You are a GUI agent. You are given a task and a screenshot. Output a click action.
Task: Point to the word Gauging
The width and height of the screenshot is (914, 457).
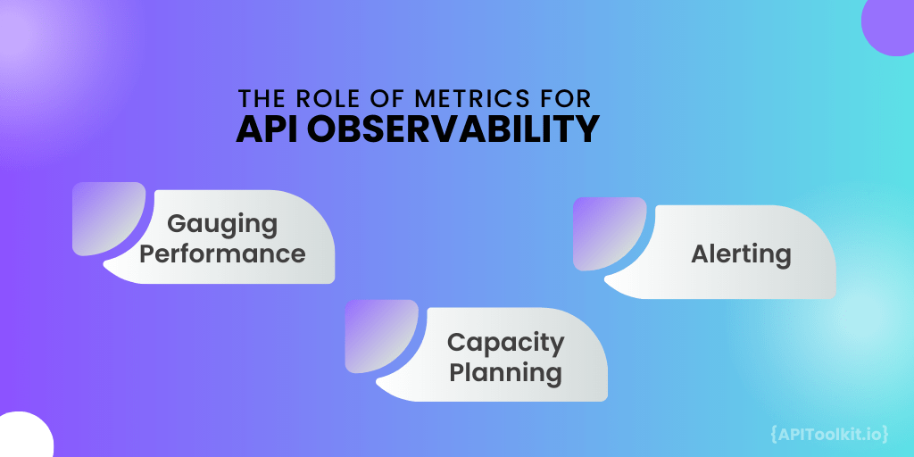(x=222, y=223)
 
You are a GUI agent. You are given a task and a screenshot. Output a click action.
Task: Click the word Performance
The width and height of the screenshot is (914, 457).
(x=222, y=253)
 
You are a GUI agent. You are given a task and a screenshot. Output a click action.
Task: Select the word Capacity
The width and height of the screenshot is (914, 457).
(x=505, y=342)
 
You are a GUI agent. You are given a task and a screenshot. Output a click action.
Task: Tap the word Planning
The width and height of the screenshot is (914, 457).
(x=505, y=372)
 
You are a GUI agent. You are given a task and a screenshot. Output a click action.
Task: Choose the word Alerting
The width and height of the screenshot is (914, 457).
(x=741, y=254)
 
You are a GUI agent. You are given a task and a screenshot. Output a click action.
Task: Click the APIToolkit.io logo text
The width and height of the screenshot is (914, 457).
(x=827, y=434)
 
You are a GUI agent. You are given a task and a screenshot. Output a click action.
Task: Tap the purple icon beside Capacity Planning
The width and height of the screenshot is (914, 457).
(x=381, y=336)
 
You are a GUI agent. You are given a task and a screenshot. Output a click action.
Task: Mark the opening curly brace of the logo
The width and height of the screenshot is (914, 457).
(x=773, y=434)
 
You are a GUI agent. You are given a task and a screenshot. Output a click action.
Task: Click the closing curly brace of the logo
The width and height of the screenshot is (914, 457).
(x=885, y=434)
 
